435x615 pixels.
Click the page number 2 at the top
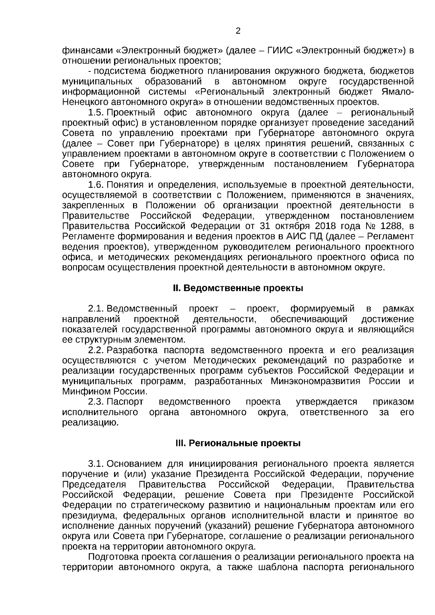tap(238, 31)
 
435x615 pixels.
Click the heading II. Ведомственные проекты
tap(237, 288)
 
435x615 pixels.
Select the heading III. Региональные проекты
tap(237, 443)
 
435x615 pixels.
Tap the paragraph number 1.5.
tap(96, 112)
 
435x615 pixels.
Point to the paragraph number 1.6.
tap(96, 185)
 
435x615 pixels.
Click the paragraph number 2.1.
tap(96, 309)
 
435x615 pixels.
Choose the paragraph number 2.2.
tap(96, 350)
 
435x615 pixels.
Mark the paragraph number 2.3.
tap(96, 402)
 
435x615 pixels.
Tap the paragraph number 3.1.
tap(96, 464)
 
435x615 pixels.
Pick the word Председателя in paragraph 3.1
tap(94, 485)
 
